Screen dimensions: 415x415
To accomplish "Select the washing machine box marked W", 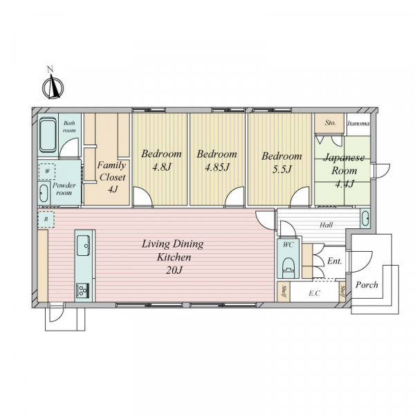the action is [x=47, y=172].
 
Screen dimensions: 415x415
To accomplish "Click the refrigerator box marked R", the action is [x=46, y=219].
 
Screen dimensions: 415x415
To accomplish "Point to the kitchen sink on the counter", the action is [x=84, y=245].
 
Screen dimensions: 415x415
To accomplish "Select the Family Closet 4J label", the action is [x=111, y=177].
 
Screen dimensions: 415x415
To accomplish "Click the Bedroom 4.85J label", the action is [x=216, y=160].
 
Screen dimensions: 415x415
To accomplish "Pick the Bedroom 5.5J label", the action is [x=282, y=163].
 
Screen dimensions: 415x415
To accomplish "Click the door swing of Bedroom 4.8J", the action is [x=143, y=196].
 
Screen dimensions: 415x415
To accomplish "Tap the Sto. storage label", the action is [x=331, y=123].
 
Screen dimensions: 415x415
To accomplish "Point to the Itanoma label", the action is [x=358, y=123].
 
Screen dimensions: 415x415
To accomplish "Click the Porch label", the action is [x=367, y=285].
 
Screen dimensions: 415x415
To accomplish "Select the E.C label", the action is [x=315, y=293].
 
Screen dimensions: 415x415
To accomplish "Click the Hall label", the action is [x=326, y=225].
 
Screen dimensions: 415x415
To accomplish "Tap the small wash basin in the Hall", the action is [x=365, y=219].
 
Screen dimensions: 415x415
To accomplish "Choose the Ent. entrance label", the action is [x=335, y=261].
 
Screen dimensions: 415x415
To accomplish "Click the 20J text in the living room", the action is [x=174, y=270].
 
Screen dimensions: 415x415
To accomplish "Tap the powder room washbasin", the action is [x=44, y=193].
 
